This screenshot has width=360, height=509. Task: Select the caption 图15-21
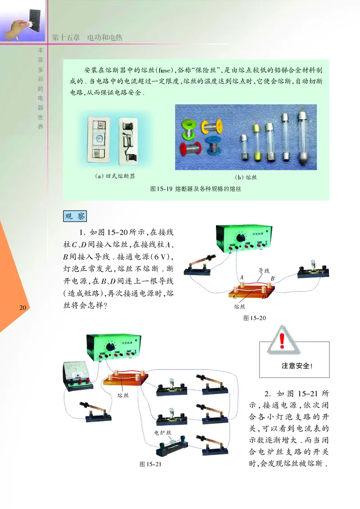pyautogui.click(x=150, y=464)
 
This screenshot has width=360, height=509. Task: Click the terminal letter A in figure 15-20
pyautogui.click(x=242, y=277)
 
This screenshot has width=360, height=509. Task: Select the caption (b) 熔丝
pyautogui.click(x=246, y=177)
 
